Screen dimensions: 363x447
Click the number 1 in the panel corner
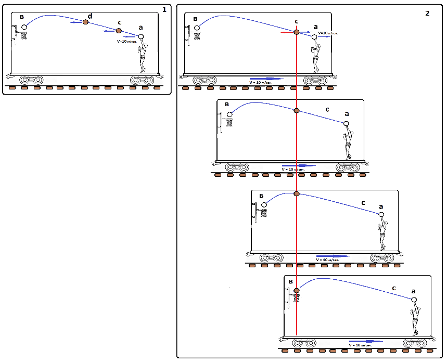click(164, 9)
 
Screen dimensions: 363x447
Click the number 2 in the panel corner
click(427, 13)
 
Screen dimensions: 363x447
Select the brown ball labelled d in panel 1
click(86, 22)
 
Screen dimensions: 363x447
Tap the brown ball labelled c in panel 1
click(118, 31)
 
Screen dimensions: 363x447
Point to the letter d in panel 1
click(90, 17)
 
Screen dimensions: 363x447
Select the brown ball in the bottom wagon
click(297, 291)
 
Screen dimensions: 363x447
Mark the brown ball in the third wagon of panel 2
click(297, 193)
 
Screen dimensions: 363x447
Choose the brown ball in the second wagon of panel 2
click(297, 110)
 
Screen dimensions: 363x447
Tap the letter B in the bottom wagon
click(290, 281)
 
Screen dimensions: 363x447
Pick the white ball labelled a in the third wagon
click(381, 214)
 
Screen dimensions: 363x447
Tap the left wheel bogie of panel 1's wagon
click(32, 80)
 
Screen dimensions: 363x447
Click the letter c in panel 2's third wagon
click(363, 203)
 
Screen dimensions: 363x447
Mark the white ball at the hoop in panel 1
click(24, 27)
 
